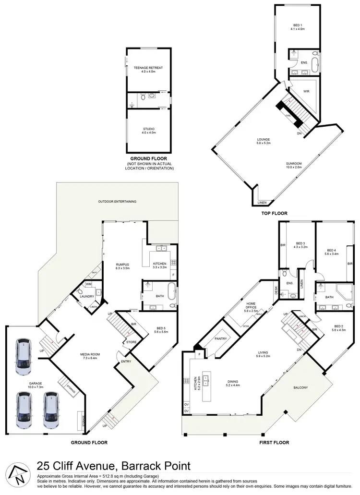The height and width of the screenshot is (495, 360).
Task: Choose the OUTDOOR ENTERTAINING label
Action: coord(118,201)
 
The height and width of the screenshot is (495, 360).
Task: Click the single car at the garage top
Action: coord(23,357)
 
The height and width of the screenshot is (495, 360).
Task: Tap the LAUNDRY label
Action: coord(87,296)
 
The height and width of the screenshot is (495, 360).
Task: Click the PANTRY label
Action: coord(220,338)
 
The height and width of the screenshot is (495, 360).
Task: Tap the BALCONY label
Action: coord(302,387)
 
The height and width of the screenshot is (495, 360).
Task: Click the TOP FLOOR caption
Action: coord(275,213)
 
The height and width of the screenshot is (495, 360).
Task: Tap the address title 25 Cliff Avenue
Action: coord(114,465)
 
